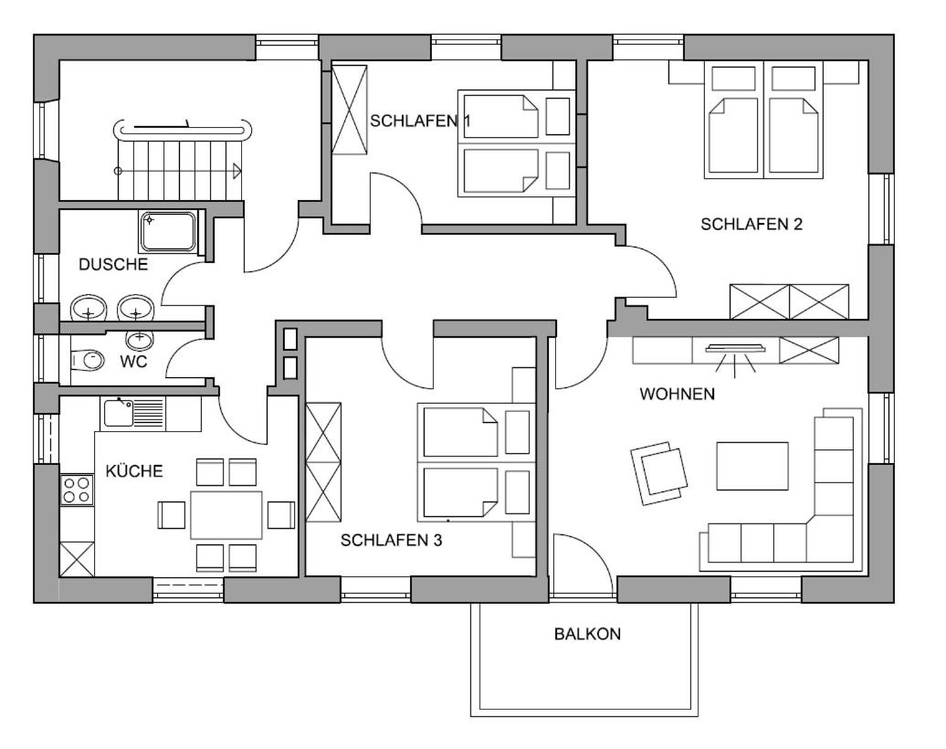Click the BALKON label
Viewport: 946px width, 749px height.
click(587, 634)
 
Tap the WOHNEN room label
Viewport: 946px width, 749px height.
click(677, 394)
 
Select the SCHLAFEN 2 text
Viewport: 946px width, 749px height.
click(752, 224)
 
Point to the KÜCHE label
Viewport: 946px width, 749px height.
click(134, 470)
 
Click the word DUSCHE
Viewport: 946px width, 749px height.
click(113, 264)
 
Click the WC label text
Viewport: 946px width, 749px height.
click(133, 362)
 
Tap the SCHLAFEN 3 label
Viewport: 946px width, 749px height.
click(391, 540)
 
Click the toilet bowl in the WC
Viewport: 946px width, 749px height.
click(87, 361)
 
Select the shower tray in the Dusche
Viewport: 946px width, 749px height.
click(168, 232)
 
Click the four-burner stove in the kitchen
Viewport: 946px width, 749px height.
click(78, 490)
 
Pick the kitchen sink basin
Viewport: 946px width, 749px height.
click(119, 413)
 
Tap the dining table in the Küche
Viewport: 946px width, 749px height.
click(226, 515)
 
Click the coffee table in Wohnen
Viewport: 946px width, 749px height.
click(752, 466)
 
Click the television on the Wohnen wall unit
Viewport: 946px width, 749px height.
click(735, 348)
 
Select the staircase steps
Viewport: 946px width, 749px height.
click(181, 170)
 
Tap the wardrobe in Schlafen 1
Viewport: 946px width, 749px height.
click(350, 110)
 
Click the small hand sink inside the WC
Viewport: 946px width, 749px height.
click(140, 339)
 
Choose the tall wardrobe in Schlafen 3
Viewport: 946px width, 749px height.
click(323, 461)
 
